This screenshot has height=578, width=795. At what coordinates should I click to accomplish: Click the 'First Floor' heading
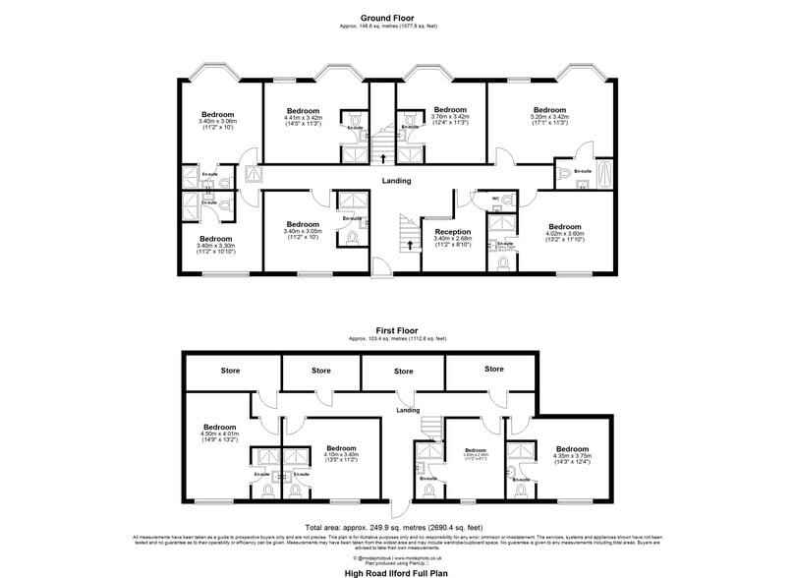tap(397, 331)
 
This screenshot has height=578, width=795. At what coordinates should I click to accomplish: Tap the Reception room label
tap(453, 231)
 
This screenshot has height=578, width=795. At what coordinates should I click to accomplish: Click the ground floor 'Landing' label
tap(397, 181)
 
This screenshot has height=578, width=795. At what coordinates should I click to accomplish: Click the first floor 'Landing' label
tap(408, 410)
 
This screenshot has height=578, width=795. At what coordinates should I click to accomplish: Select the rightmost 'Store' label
tap(493, 369)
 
